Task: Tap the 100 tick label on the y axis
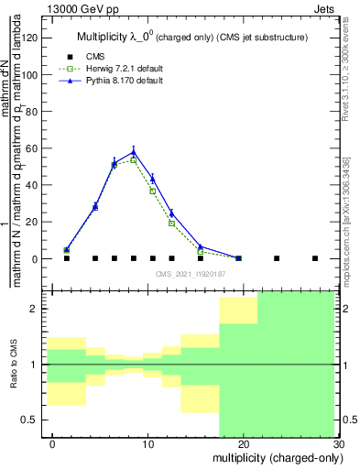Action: pos(33,74)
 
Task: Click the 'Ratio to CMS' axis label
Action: pos(15,365)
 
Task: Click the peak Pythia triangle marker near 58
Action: pos(133,152)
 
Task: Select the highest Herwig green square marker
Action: pos(133,160)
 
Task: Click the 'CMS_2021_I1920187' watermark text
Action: pos(190,274)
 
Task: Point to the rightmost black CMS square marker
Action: pos(314,258)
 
